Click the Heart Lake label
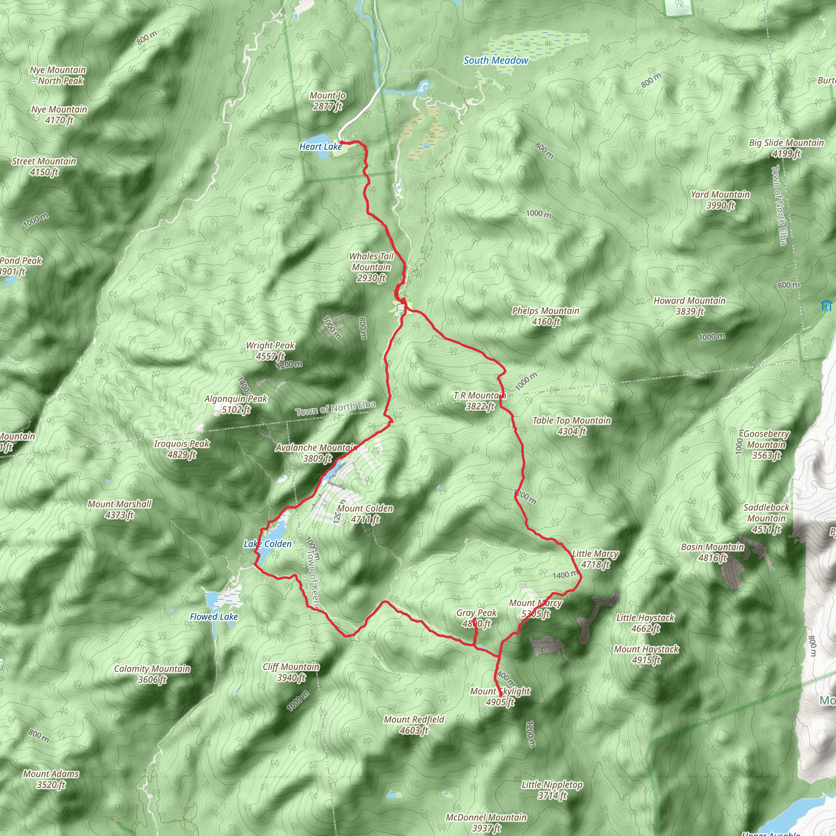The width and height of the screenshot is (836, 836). (x=320, y=147)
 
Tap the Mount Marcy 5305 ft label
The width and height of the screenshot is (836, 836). (x=535, y=608)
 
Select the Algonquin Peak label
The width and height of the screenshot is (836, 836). (x=236, y=404)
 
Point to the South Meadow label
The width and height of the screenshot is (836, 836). (x=496, y=60)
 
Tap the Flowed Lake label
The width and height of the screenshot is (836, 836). (x=214, y=617)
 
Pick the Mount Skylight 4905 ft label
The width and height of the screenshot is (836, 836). (x=500, y=696)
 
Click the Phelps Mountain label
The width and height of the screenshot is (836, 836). (x=546, y=316)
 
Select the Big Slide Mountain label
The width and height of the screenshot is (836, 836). (x=786, y=148)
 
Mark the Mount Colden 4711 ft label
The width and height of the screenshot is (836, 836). (x=365, y=514)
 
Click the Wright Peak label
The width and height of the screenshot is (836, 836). (x=270, y=351)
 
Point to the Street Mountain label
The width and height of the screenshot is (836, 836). (x=44, y=167)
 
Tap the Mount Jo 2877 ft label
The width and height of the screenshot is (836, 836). (x=327, y=101)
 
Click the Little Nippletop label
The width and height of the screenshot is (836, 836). (x=552, y=790)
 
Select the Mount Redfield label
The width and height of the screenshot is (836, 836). (x=414, y=725)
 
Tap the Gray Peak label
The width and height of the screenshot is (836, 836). (x=476, y=618)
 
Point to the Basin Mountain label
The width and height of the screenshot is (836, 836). (x=712, y=552)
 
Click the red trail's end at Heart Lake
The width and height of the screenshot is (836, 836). (x=341, y=142)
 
